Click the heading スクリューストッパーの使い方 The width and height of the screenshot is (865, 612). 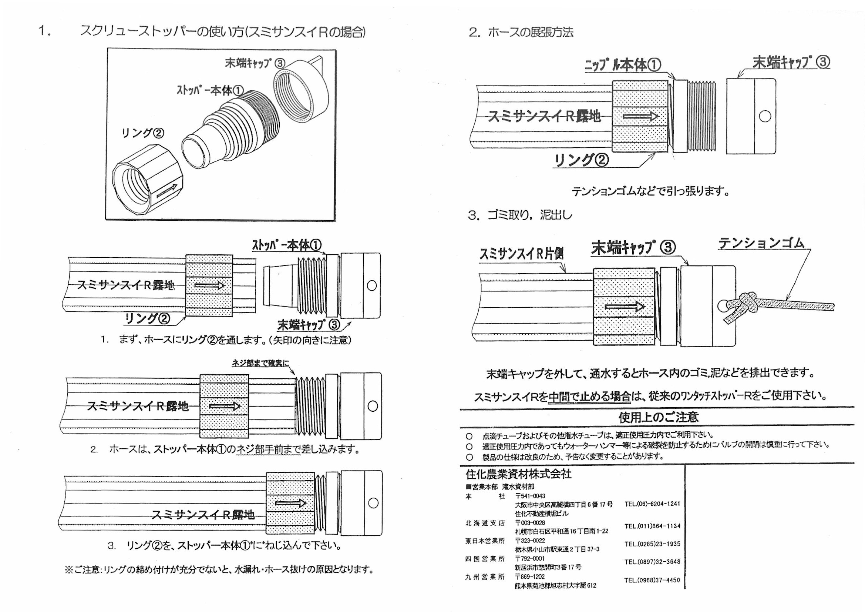coord(222,32)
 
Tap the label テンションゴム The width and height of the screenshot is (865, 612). coord(761,243)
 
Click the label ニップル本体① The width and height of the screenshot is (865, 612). coord(623,65)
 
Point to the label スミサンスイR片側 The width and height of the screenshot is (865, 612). coord(522,254)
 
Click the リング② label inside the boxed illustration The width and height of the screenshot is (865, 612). coord(142,133)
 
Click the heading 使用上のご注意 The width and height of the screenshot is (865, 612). coord(659,417)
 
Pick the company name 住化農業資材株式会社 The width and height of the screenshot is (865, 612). coord(518,474)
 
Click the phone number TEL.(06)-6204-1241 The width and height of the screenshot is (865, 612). coord(652,504)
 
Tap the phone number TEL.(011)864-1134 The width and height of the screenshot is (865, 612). coord(652,526)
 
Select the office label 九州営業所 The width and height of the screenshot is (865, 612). coord(485,577)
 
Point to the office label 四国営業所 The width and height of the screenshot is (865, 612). coord(485,559)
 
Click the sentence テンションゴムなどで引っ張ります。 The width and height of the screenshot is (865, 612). coord(651,191)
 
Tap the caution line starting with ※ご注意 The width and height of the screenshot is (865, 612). coord(219,569)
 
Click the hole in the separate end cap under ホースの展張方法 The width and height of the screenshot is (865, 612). coord(765,116)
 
